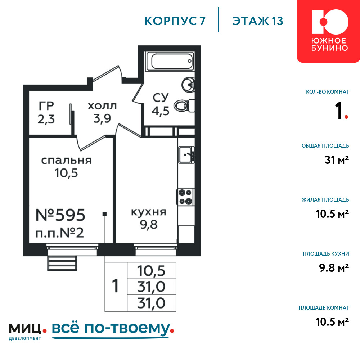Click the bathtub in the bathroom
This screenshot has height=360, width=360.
click(170, 61)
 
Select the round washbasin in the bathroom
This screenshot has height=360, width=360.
click(188, 85)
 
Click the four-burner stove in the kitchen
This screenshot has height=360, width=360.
click(185, 197)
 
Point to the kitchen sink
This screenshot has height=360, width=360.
click(186, 155)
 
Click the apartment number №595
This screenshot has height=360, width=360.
click(60, 215)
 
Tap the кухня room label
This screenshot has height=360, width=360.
click(149, 212)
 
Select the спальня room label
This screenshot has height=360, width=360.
click(66, 161)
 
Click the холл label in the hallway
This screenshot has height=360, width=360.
click(102, 106)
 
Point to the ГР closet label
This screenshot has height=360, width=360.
click(46, 106)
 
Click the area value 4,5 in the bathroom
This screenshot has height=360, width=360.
click(161, 111)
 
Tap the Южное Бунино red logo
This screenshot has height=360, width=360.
click(329, 31)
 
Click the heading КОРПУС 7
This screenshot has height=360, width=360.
click(175, 21)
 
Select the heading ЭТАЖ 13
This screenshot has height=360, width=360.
click(258, 21)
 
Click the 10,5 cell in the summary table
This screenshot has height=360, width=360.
click(151, 271)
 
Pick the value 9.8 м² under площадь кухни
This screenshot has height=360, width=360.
click(334, 268)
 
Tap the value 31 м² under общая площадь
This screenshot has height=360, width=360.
click(337, 160)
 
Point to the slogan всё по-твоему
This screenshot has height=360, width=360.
click(112, 329)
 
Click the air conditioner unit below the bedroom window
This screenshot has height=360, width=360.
click(62, 263)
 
